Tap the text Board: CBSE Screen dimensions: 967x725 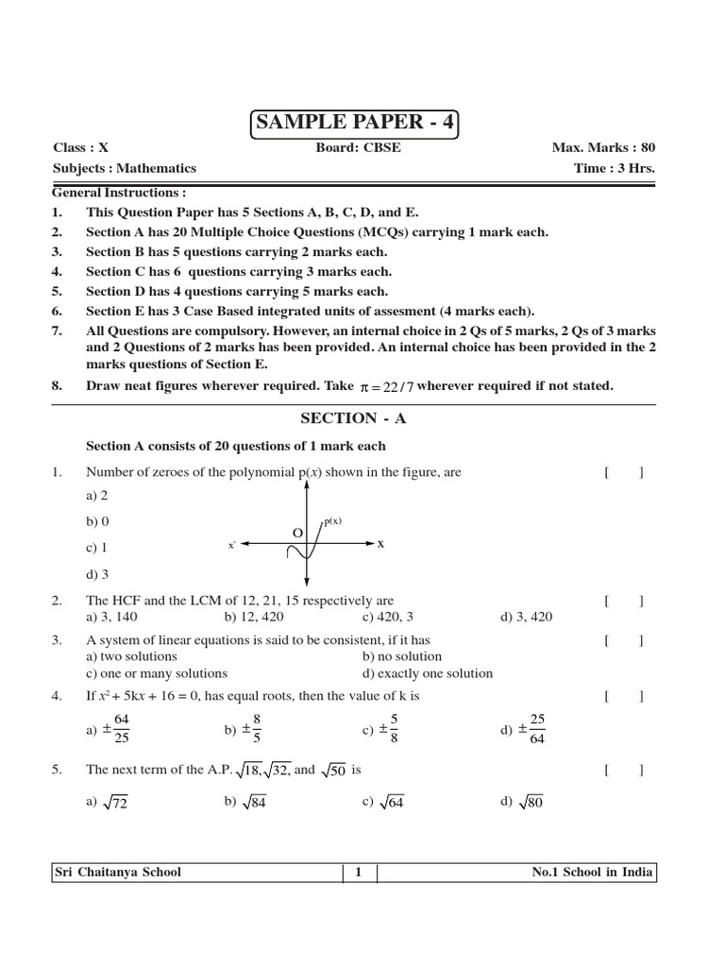(352, 148)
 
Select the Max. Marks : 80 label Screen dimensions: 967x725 (603, 148)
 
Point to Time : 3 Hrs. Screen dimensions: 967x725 (614, 168)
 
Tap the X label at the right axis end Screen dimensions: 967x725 (381, 544)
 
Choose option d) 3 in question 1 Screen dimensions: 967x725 (98, 574)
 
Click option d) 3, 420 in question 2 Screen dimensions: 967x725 (527, 618)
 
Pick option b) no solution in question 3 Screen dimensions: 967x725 (402, 656)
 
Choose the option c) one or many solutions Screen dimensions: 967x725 (157, 673)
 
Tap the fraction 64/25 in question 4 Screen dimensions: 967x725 (121, 729)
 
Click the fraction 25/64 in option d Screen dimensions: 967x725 (537, 729)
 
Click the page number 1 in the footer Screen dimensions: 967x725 (359, 873)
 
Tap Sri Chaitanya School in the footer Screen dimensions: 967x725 (118, 873)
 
